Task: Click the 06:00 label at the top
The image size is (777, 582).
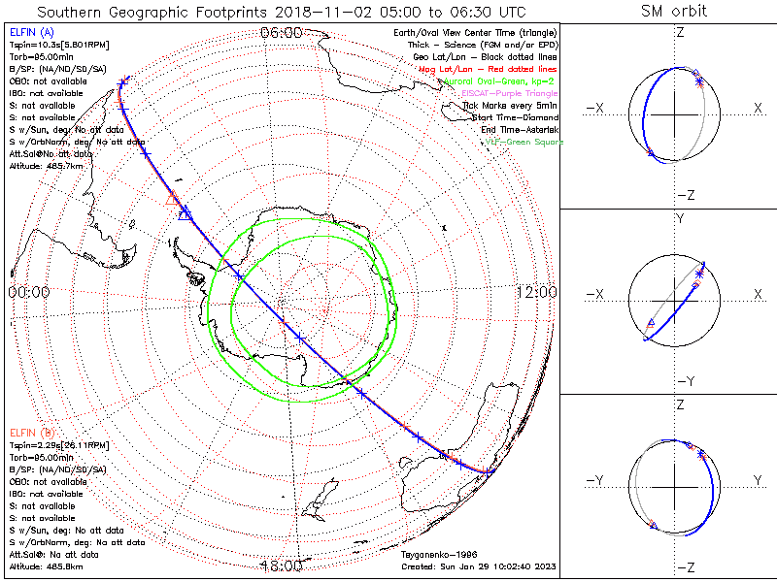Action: (282, 34)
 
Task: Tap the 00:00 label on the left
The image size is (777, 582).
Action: (29, 292)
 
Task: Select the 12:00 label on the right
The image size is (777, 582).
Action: (535, 292)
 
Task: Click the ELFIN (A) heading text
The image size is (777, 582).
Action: (31, 33)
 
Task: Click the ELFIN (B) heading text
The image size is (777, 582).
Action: (31, 432)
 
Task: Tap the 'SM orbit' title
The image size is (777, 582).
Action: (674, 12)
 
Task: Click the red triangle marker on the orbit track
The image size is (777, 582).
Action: (173, 199)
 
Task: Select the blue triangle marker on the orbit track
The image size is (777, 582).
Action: (185, 213)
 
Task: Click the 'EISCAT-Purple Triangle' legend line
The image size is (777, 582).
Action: (514, 93)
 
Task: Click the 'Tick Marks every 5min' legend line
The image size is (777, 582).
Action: (513, 106)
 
